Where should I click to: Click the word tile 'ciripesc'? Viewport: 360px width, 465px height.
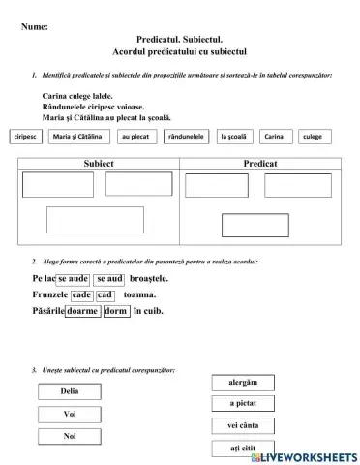pyautogui.click(x=26, y=137)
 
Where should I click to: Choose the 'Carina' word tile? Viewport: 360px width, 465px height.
pyautogui.click(x=275, y=137)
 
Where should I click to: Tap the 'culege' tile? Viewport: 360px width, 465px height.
pyautogui.click(x=313, y=137)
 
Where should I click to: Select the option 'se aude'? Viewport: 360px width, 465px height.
pyautogui.click(x=74, y=279)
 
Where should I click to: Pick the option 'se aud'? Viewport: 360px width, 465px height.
pyautogui.click(x=109, y=279)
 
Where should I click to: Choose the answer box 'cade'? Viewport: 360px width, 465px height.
pyautogui.click(x=81, y=294)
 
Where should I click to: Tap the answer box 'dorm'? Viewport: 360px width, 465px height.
pyautogui.click(x=115, y=311)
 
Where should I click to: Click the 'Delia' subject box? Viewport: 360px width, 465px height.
pyautogui.click(x=70, y=391)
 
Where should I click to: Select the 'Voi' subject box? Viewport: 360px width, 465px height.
pyautogui.click(x=70, y=414)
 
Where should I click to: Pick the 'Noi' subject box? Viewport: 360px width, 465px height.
pyautogui.click(x=70, y=436)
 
